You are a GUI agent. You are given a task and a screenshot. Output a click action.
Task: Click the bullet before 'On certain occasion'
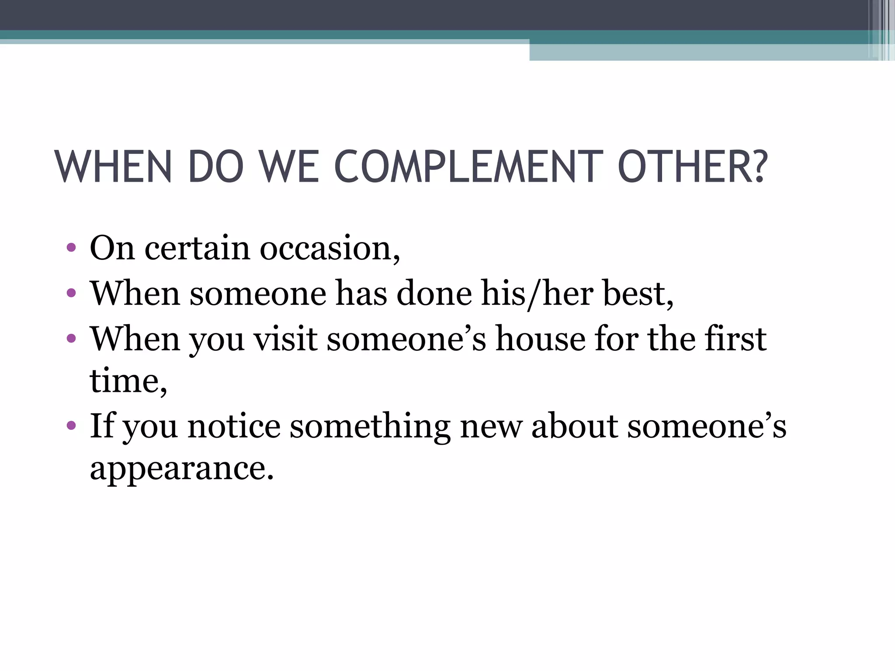pyautogui.click(x=71, y=249)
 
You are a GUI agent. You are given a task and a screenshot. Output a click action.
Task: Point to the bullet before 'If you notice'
pyautogui.click(x=71, y=425)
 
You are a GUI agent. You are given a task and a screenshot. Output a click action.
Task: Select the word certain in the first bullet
pyautogui.click(x=198, y=248)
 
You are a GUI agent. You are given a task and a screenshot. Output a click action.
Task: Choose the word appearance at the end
pyautogui.click(x=181, y=469)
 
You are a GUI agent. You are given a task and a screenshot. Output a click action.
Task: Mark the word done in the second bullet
pyautogui.click(x=434, y=294)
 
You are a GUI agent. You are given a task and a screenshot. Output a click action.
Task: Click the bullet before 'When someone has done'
pyautogui.click(x=71, y=292)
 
